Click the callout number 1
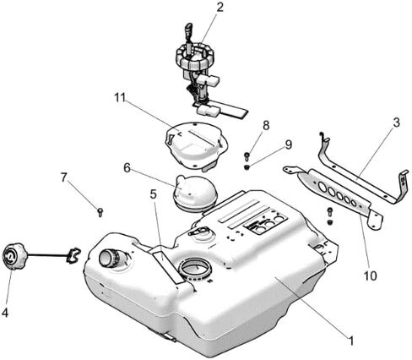[350, 341]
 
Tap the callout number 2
[220, 8]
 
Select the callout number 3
[396, 123]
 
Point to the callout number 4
[5, 313]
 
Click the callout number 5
[154, 194]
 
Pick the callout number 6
[127, 168]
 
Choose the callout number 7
[64, 177]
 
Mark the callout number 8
[266, 125]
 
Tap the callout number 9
[289, 145]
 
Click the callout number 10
[371, 275]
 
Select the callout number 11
[120, 98]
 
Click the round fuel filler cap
[14, 256]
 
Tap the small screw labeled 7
[100, 212]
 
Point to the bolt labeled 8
[247, 156]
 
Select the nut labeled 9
[247, 167]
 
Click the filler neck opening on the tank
[108, 257]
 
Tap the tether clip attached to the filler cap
[73, 255]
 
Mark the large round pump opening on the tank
[195, 269]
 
